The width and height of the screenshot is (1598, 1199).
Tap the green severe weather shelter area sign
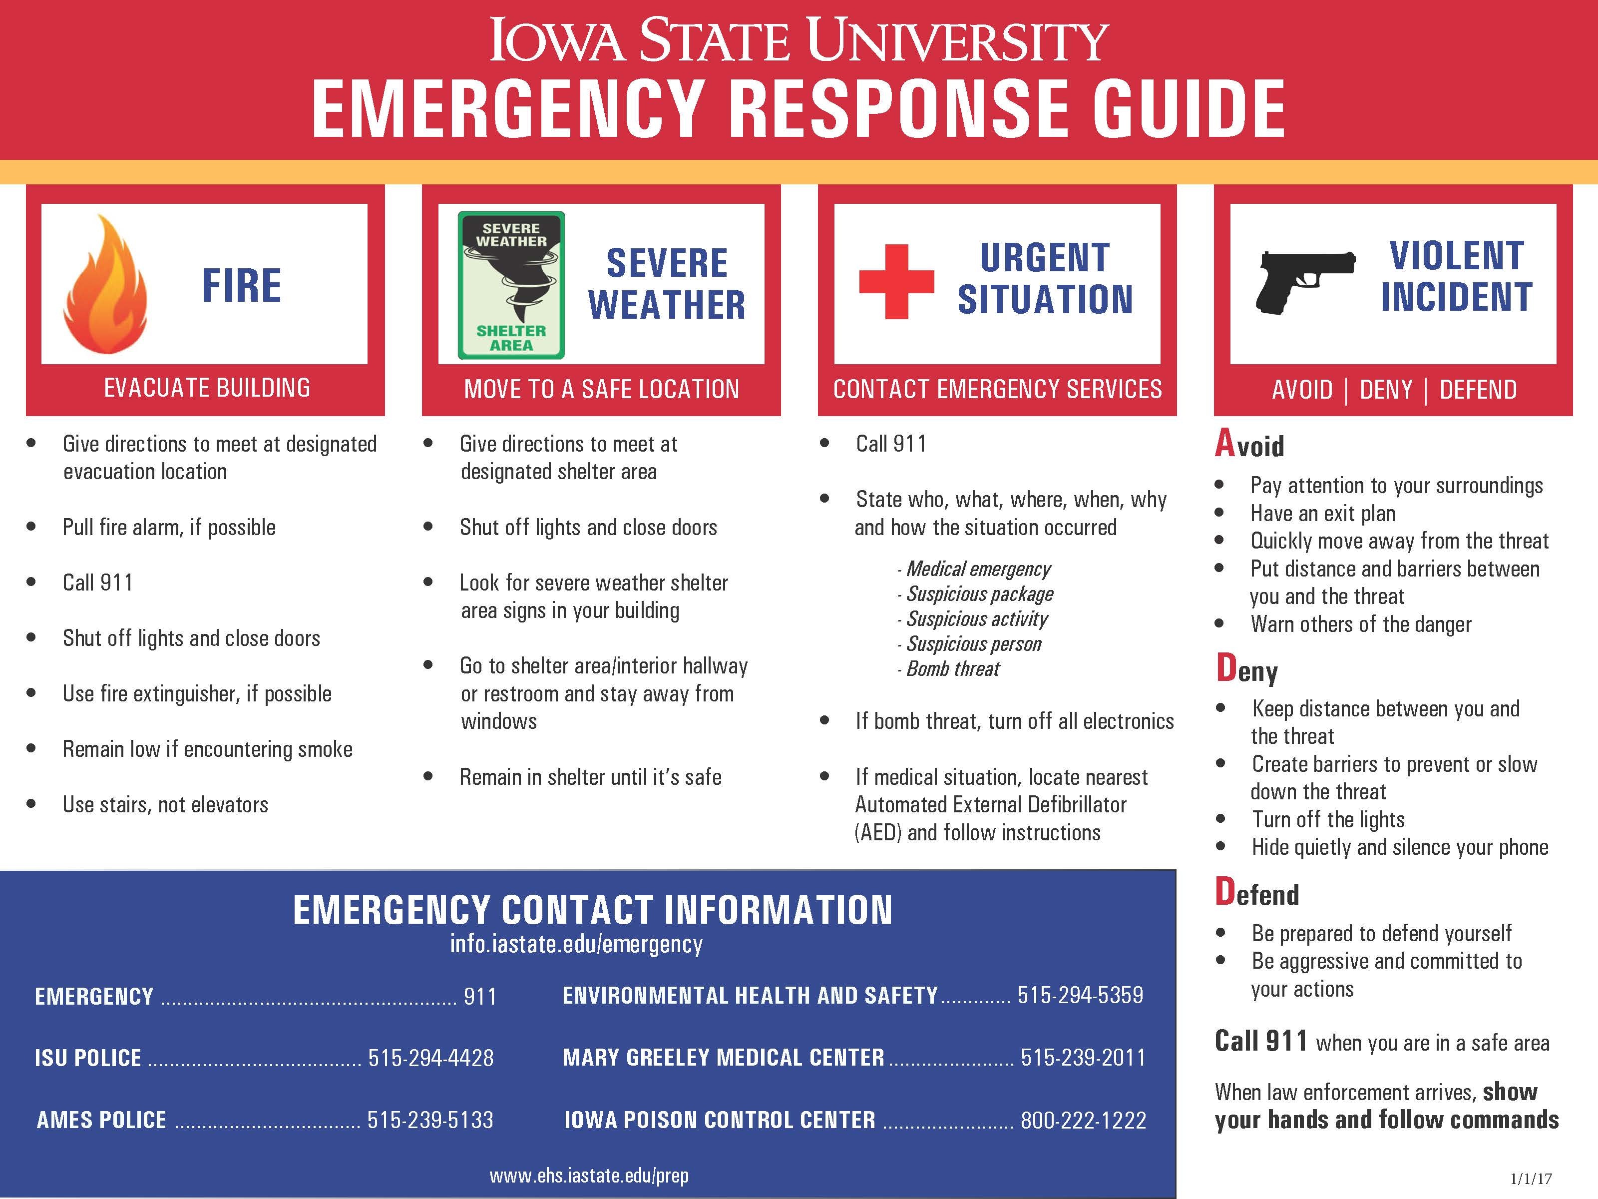[511, 285]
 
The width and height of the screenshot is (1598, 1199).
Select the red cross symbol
[896, 282]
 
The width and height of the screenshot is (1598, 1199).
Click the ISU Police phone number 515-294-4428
[430, 1058]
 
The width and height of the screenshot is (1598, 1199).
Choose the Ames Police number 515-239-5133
[430, 1120]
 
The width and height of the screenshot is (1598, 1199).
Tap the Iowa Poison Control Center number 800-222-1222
[1083, 1120]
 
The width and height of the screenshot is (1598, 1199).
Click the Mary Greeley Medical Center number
[1083, 1058]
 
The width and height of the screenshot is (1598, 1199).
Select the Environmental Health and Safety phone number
[1080, 995]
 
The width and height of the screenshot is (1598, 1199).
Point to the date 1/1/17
[1531, 1179]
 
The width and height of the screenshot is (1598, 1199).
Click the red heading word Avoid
[1250, 444]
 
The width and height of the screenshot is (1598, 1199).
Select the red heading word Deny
[1247, 669]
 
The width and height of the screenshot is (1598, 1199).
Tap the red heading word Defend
[1257, 893]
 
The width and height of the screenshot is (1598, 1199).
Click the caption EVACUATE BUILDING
[207, 388]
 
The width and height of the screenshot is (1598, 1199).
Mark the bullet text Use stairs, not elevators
[165, 804]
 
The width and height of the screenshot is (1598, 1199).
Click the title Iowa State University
[799, 40]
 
